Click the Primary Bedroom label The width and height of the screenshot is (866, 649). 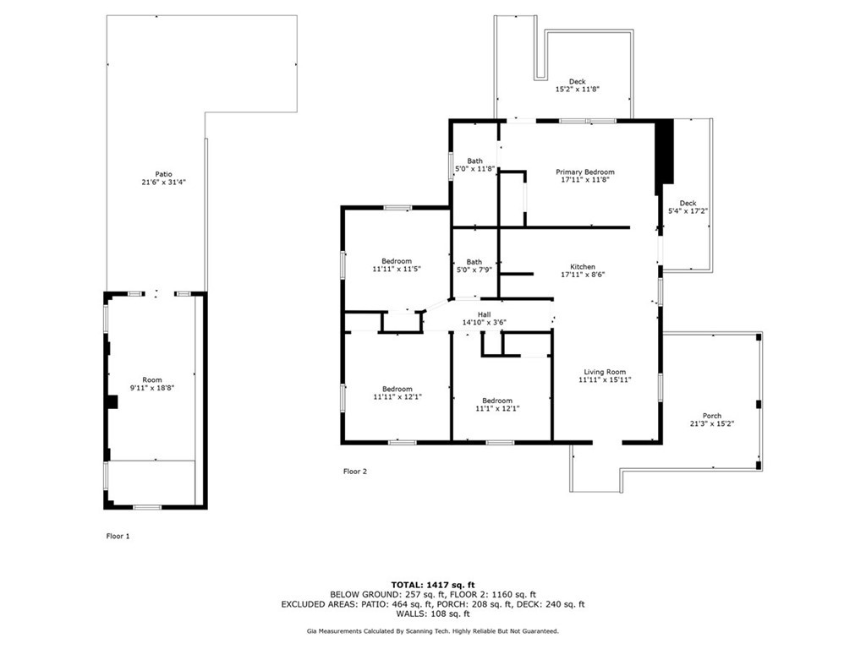coord(585,172)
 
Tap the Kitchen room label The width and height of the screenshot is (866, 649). coord(583,267)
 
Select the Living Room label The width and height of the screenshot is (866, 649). coord(605,372)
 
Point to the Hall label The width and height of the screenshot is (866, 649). coord(485,314)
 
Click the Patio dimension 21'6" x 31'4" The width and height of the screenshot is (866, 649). coord(163,182)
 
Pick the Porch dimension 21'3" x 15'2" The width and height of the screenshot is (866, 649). coord(712,424)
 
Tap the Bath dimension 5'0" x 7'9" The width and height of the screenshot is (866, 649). coord(474,270)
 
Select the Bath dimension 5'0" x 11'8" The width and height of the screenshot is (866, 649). coord(474,169)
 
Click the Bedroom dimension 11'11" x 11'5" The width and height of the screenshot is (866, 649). coord(397,270)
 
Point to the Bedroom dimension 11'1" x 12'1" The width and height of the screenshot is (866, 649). coord(497,408)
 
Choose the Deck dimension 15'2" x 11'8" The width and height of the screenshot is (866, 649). coord(577,89)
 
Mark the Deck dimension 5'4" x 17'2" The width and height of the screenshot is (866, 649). coord(688,210)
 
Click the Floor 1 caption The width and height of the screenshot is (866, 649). coord(118,536)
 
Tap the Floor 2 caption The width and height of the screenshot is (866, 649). coord(354,472)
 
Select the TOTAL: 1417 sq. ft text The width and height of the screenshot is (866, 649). coord(433,585)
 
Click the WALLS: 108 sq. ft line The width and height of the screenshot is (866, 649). coord(433,614)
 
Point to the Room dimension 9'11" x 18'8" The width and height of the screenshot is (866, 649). coord(152,388)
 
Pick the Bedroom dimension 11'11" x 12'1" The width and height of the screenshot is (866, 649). coord(397,397)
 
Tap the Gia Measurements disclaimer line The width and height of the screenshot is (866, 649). coord(433,630)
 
